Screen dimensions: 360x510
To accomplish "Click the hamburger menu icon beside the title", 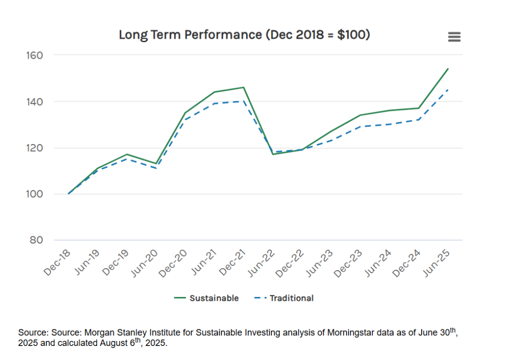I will point(454,37).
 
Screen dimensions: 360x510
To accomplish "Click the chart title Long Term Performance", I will point(244,35).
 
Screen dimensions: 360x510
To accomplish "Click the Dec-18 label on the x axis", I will point(57,263).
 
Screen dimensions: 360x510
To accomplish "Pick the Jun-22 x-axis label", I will point(261,263).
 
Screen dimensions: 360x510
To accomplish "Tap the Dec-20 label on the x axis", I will point(174,263).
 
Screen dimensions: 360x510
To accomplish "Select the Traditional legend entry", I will point(285,298).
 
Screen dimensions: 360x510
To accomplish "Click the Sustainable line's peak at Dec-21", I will point(243,87).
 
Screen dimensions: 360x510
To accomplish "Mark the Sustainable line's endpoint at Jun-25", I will point(448,69).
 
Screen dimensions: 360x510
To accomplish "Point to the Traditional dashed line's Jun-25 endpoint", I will point(448,90).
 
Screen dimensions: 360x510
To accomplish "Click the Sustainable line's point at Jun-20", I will point(156,164).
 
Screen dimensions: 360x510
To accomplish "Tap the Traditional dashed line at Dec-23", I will point(360,127).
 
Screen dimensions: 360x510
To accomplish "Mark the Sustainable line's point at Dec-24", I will point(419,108).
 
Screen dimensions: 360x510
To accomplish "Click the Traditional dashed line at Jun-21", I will point(214,103).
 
